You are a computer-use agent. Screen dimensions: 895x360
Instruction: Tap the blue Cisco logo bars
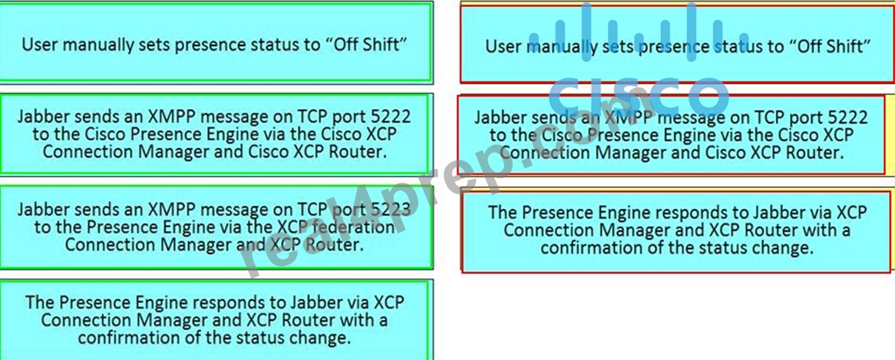pyautogui.click(x=638, y=32)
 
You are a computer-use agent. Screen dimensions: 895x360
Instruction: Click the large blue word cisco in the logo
pyautogui.click(x=639, y=97)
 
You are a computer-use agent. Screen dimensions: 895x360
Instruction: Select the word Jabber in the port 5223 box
pyautogui.click(x=45, y=210)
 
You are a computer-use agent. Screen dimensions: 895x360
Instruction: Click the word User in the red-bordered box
pyautogui.click(x=503, y=46)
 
